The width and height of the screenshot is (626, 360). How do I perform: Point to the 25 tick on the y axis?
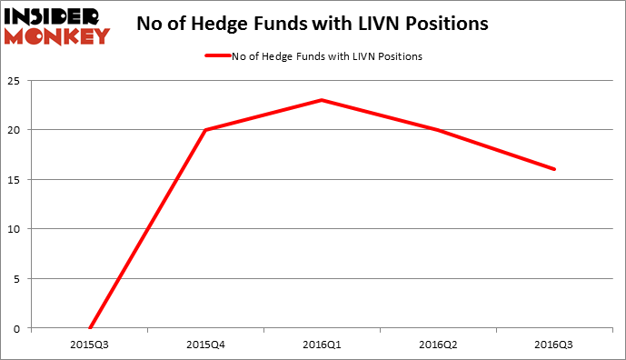tap(15, 81)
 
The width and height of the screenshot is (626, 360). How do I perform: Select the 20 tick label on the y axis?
tap(15, 130)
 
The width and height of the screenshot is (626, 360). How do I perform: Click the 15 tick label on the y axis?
tap(15, 179)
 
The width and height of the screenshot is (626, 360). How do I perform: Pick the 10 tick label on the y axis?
tap(15, 229)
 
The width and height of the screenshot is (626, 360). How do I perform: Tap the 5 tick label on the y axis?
tap(18, 278)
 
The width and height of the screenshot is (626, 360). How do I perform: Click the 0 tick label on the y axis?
tap(18, 327)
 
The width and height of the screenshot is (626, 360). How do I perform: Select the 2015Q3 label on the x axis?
tap(89, 345)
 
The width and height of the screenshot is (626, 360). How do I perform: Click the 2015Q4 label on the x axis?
tap(205, 345)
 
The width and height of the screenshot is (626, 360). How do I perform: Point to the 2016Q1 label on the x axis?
tap(322, 345)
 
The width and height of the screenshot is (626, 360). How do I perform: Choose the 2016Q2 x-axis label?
tap(438, 345)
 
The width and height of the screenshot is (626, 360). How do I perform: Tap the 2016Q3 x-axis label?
tap(554, 345)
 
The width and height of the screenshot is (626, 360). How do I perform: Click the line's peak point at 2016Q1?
tap(322, 100)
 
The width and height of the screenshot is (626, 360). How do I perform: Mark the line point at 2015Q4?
tap(205, 130)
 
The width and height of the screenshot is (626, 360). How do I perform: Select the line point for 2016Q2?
tap(438, 130)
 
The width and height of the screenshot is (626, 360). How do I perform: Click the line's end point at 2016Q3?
tap(554, 169)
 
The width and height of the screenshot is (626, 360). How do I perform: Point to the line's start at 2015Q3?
tap(89, 327)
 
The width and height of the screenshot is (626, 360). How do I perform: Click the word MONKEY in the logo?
tap(57, 36)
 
